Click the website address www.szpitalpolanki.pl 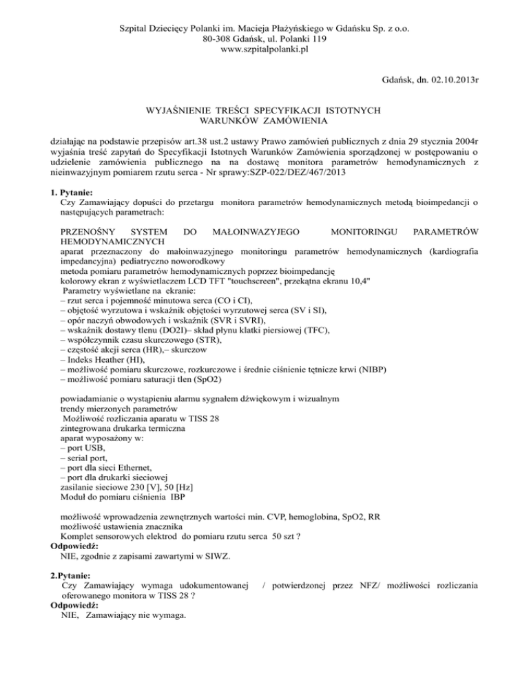pos(264,50)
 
